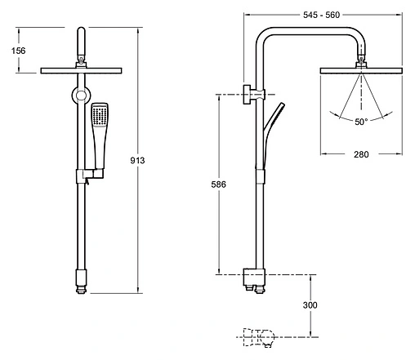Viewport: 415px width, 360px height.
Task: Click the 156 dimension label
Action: (19, 51)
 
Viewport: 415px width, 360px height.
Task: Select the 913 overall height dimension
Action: (137, 161)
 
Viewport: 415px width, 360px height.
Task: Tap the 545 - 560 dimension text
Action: (322, 15)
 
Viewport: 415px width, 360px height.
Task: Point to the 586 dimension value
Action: (218, 184)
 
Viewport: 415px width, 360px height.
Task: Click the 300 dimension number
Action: (310, 305)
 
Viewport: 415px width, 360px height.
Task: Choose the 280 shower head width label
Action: (361, 154)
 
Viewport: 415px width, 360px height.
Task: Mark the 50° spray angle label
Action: (361, 122)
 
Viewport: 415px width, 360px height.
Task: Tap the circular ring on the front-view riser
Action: (81, 96)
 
